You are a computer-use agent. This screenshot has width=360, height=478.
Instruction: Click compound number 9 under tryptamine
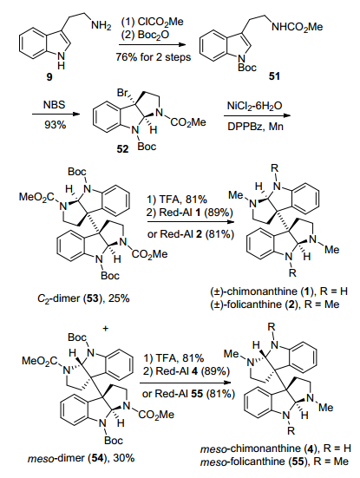click(49, 77)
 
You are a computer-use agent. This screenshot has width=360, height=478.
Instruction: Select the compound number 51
click(274, 75)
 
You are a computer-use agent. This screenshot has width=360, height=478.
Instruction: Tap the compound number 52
click(123, 149)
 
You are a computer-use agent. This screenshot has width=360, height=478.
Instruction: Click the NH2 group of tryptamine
click(101, 26)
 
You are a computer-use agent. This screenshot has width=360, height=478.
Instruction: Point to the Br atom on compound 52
click(122, 92)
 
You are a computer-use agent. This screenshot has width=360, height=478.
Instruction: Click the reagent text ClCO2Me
click(153, 22)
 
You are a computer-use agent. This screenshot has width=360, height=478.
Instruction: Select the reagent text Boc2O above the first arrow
click(145, 35)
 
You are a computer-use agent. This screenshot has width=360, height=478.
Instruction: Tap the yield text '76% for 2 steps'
click(153, 57)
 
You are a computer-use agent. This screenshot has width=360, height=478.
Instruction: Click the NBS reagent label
click(55, 105)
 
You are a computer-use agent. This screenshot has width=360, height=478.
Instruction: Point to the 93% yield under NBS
click(55, 124)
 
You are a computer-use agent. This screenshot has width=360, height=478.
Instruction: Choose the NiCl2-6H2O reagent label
click(254, 106)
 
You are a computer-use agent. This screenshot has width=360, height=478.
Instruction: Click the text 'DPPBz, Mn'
click(255, 126)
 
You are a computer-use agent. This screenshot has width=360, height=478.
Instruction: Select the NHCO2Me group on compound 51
click(298, 27)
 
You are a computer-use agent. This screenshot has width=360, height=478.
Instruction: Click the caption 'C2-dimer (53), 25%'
click(83, 298)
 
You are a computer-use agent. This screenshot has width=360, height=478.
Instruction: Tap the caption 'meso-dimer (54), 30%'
click(81, 458)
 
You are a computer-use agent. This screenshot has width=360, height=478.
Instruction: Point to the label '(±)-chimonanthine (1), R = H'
click(278, 291)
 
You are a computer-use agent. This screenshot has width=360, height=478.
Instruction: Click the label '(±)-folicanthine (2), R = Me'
click(275, 304)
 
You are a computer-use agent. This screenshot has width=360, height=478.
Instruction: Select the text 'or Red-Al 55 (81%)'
click(188, 394)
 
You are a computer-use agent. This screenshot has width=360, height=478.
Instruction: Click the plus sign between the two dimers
click(106, 329)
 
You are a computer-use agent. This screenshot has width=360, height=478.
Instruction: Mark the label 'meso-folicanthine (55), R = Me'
click(274, 462)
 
